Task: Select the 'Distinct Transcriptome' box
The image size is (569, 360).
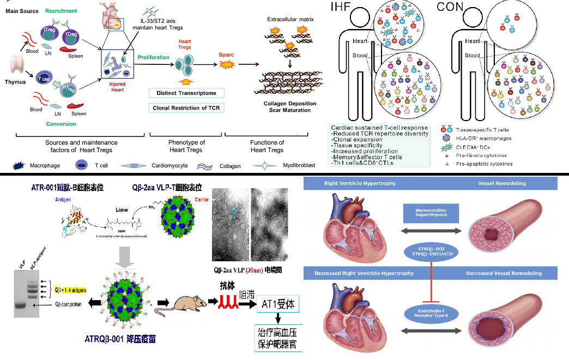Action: coord(186,93)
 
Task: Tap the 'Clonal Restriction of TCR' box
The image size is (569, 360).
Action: coord(186,107)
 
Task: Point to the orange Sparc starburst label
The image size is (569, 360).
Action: coord(226,64)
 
